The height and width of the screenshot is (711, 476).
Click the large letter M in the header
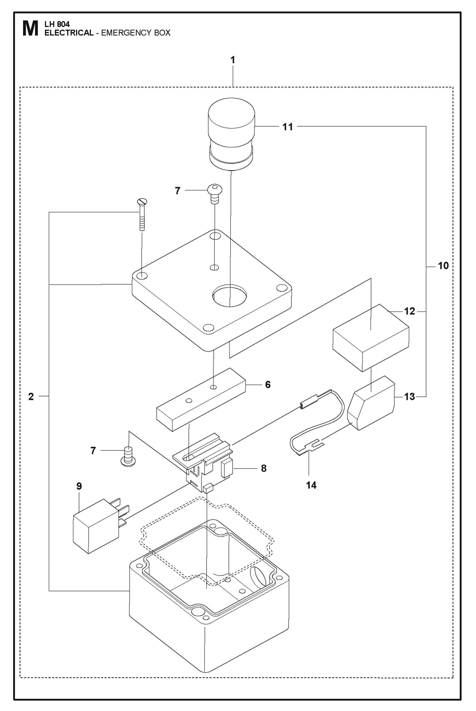30,29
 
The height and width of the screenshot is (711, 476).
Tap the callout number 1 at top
233,60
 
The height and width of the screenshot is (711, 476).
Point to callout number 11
288,127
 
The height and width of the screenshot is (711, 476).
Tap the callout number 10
443,266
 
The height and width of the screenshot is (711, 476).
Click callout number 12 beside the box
409,311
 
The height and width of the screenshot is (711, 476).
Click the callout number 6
267,384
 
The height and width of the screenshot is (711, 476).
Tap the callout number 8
264,468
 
